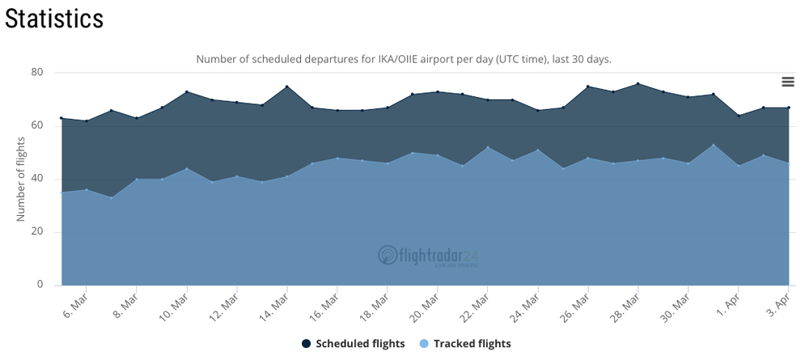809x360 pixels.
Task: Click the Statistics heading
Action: (x=54, y=19)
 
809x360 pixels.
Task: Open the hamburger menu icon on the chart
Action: (x=788, y=82)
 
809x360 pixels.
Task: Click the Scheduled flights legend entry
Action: (x=354, y=344)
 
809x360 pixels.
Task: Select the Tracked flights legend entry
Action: (x=465, y=344)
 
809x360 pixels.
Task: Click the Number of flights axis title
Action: (x=21, y=179)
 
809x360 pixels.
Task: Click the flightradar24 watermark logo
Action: (x=428, y=256)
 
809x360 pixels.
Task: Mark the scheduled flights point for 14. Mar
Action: (x=287, y=86)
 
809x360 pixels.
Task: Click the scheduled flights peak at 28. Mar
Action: (x=638, y=83)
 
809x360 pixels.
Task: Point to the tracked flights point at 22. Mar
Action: (x=488, y=147)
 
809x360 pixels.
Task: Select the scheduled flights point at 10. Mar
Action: (x=187, y=91)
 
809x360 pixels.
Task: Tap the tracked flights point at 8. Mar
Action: (x=136, y=179)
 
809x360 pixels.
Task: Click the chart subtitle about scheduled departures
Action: (x=404, y=59)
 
